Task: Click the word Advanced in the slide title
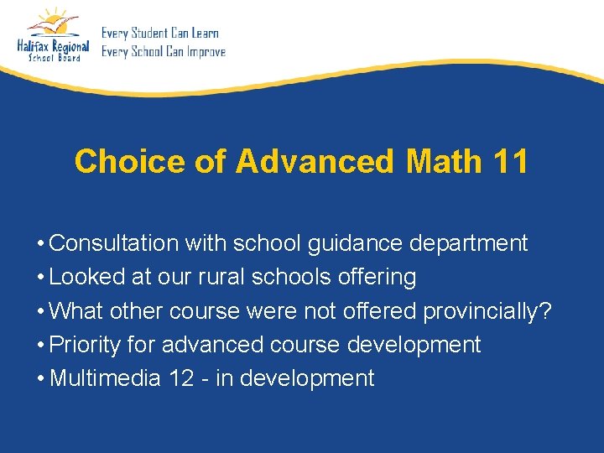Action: click(x=314, y=161)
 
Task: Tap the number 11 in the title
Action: click(x=511, y=161)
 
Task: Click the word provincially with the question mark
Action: click(x=487, y=311)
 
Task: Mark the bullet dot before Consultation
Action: click(x=40, y=244)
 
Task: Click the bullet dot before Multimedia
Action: click(x=40, y=379)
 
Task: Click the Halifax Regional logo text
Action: click(x=53, y=47)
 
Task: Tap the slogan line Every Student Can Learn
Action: click(x=160, y=34)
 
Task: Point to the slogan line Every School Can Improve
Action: click(x=164, y=52)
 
